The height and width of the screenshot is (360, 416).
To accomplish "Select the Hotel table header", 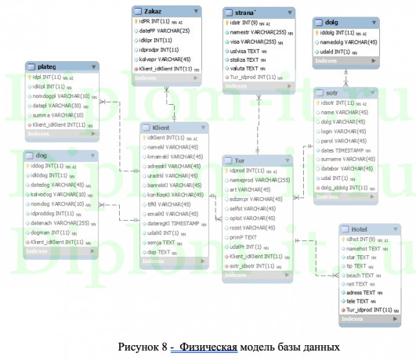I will tap(369, 228).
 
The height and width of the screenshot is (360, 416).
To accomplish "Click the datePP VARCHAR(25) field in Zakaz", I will tap(165, 30).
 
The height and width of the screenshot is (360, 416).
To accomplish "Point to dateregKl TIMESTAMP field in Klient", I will tap(177, 223).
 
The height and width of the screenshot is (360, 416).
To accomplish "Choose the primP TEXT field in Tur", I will tap(244, 236).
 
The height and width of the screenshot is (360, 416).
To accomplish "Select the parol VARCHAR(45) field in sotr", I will tap(345, 141).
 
